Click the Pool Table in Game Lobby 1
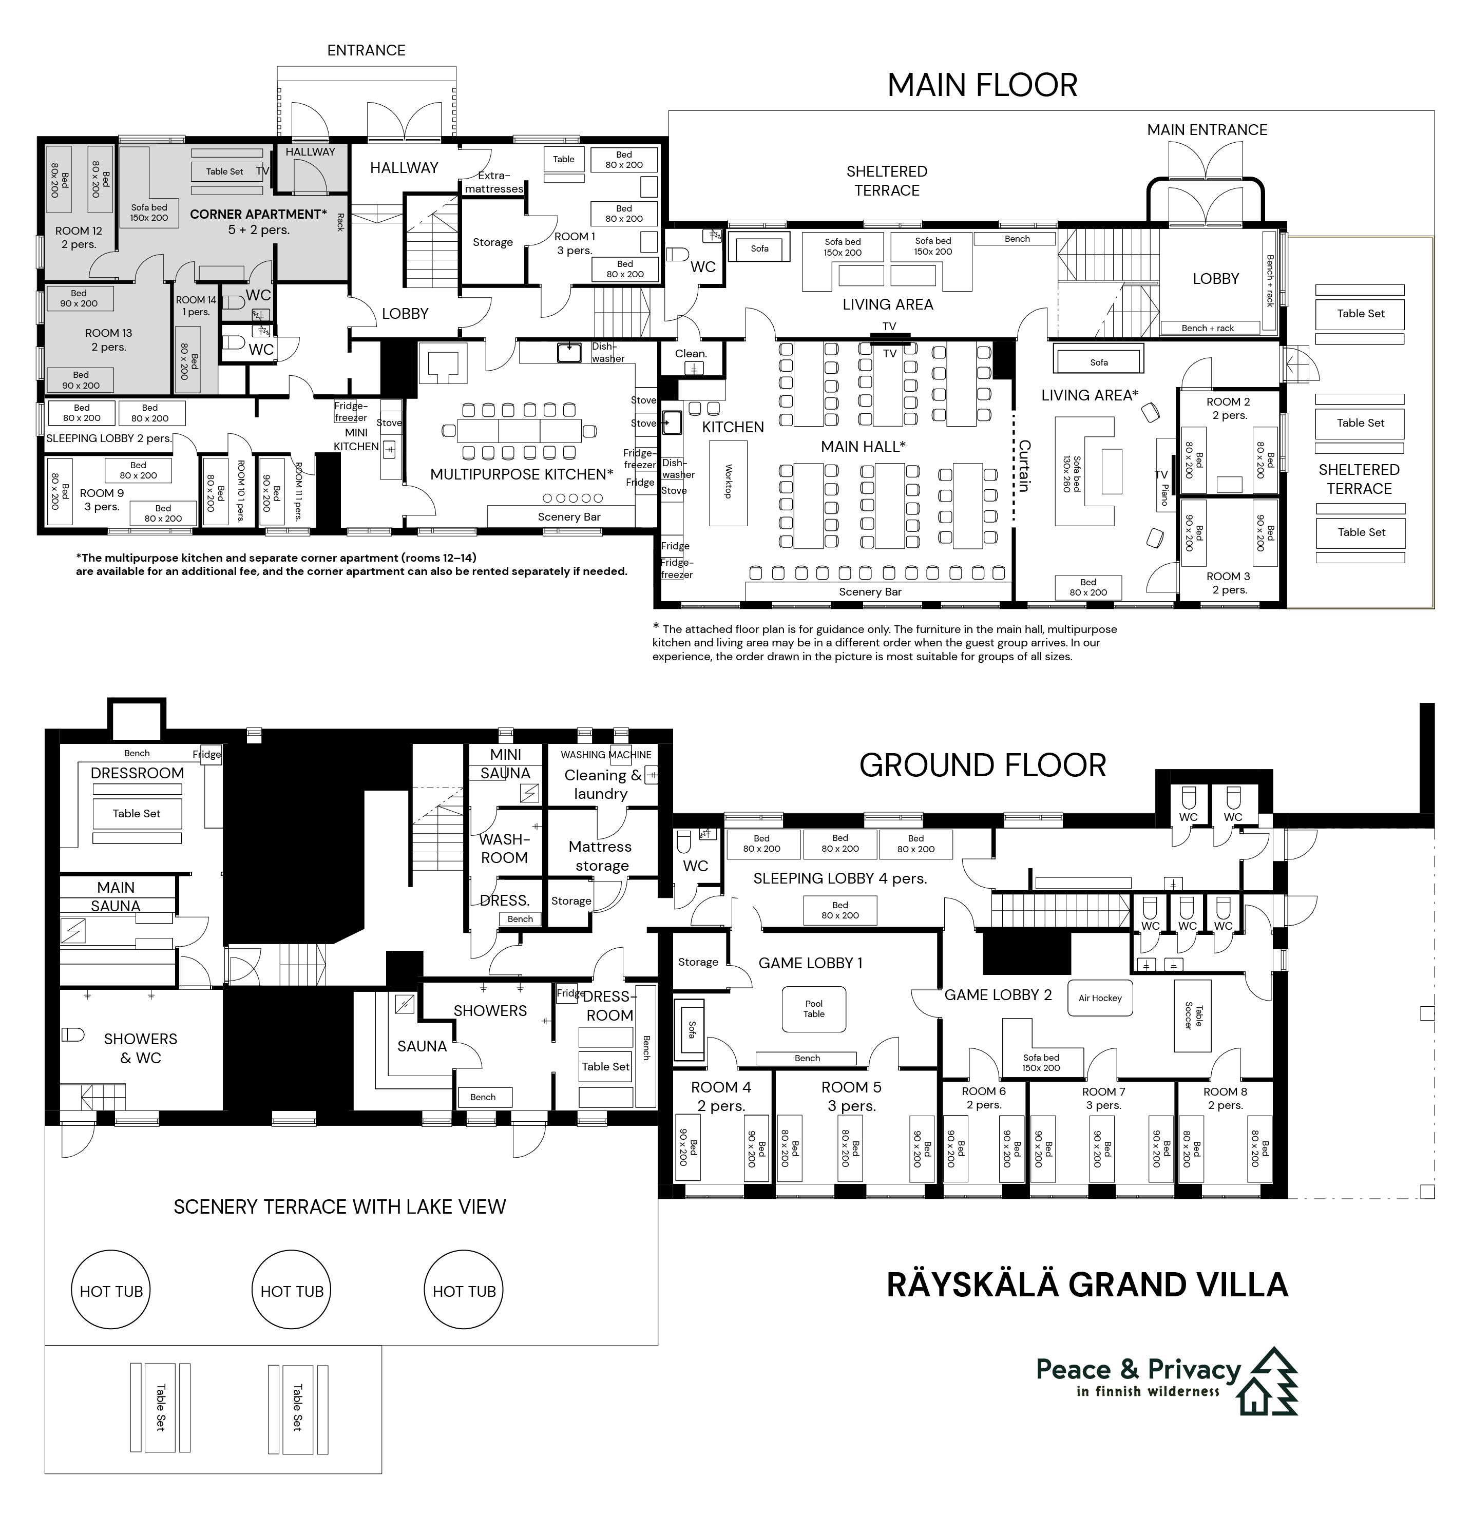813,1009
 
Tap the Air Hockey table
1100,998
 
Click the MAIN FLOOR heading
982,85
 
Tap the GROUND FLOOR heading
983,765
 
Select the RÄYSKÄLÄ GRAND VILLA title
1087,1285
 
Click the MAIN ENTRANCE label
1207,130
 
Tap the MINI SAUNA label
505,764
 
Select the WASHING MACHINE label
606,755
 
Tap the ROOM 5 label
851,1087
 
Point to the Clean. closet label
691,354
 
